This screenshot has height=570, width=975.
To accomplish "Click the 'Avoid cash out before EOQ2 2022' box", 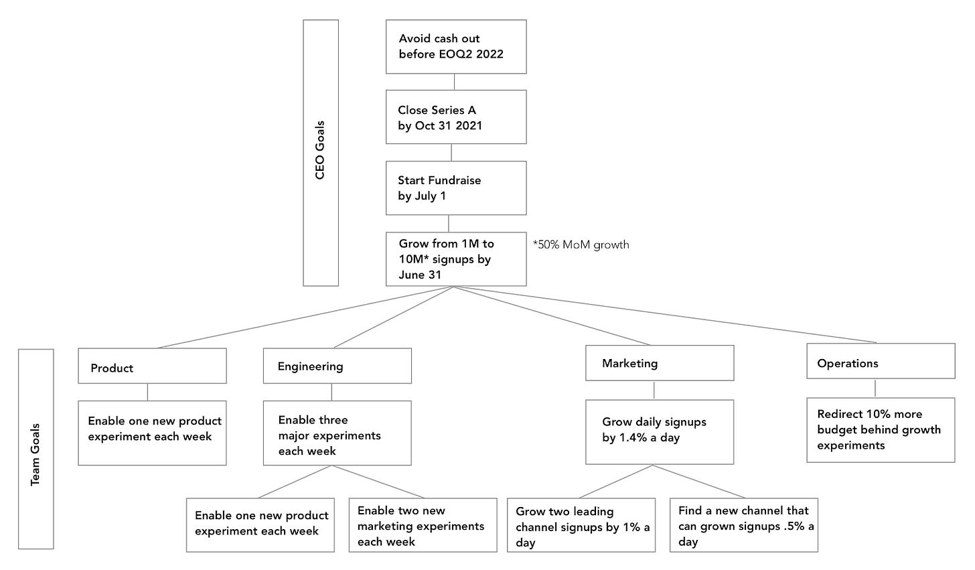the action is coord(456,47).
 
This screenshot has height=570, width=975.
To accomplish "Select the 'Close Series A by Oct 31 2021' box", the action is coord(456,117).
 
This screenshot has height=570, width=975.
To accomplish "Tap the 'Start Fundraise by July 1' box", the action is coord(456,188).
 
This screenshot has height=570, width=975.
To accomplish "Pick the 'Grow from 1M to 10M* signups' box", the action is coord(456,259).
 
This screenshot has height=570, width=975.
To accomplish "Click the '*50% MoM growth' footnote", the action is coord(581,244).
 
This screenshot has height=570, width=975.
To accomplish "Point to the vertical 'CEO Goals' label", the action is coord(320,150).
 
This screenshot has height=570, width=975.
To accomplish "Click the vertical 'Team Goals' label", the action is coord(35,454).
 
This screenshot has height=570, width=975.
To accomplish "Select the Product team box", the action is coord(152,366).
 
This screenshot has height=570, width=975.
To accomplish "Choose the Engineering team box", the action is coord(337,366).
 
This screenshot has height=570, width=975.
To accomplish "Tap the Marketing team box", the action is coord(660,363).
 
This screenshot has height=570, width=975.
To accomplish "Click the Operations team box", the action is coord(881,361).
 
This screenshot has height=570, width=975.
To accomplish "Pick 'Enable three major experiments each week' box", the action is coord(337,433).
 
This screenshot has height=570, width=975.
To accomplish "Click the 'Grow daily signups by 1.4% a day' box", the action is coord(660,432).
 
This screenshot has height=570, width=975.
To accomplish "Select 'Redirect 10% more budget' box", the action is coord(881,430).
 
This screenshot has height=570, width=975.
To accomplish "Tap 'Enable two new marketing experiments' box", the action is coord(423,525).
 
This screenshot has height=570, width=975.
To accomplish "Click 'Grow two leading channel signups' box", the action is coord(581,525).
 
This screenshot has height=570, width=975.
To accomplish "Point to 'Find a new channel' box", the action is coord(743,525).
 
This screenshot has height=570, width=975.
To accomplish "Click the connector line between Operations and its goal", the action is coord(875,388).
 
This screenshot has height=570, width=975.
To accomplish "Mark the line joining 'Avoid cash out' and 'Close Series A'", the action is coord(455,82).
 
